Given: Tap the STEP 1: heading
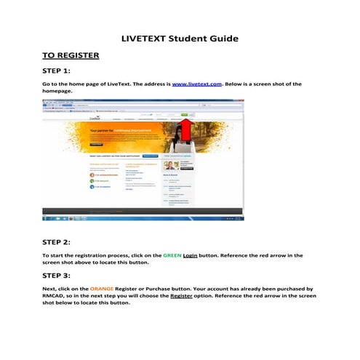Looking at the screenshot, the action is pyautogui.click(x=57, y=71).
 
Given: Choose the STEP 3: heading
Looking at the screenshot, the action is pyautogui.click(x=57, y=276).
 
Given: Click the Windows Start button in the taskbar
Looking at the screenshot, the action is pyautogui.click(x=48, y=217).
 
